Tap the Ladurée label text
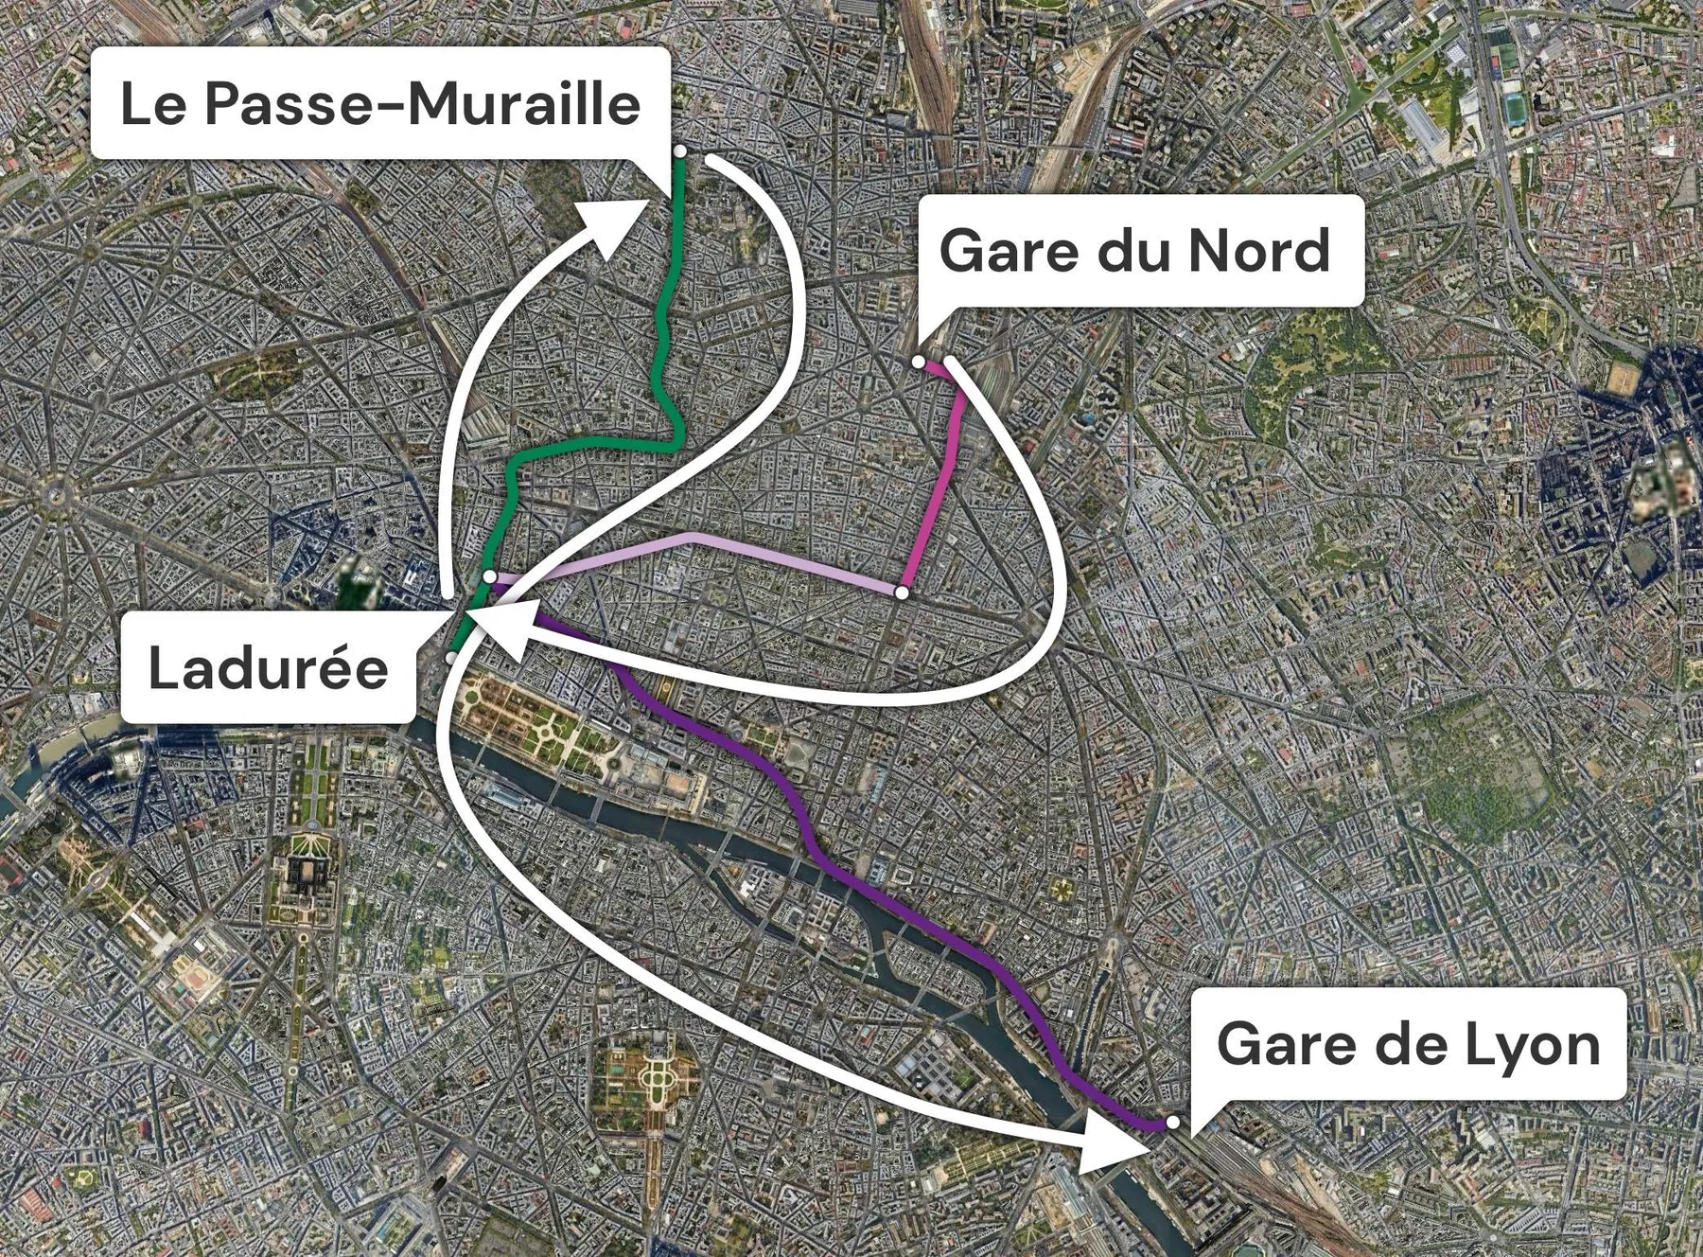click(269, 668)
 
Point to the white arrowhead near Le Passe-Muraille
click(615, 225)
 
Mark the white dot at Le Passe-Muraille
click(679, 151)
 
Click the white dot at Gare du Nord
click(918, 362)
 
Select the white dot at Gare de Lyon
click(1172, 1122)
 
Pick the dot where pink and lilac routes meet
click(902, 593)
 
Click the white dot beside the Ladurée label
click(452, 657)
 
